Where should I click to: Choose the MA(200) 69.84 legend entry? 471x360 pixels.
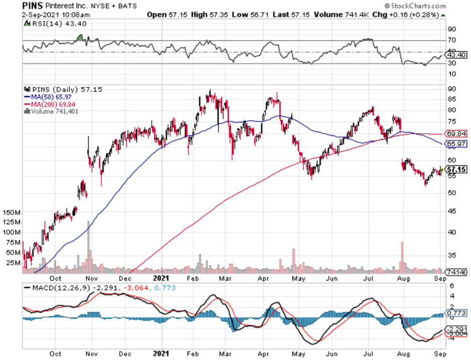pyautogui.click(x=55, y=104)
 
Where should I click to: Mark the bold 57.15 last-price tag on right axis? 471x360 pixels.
pyautogui.click(x=456, y=169)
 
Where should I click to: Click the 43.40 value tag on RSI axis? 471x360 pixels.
pyautogui.click(x=457, y=54)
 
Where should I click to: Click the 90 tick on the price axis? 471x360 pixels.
pyautogui.click(x=451, y=89)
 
